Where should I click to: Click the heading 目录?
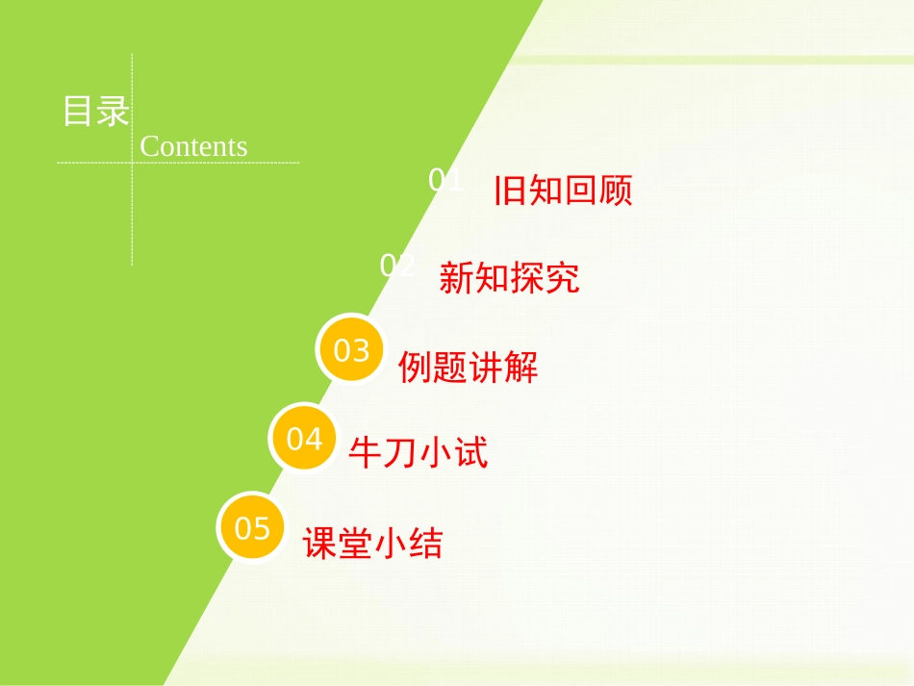95,112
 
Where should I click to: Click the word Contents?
193,146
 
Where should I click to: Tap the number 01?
445,180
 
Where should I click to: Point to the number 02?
397,266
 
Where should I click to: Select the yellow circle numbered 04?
304,439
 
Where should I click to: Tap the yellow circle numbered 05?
253,527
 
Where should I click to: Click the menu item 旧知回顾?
563,191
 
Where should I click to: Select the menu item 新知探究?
509,278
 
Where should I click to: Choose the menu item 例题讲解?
469,367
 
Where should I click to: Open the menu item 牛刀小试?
419,452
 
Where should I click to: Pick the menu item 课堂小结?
373,544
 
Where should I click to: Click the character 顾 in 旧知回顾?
616,191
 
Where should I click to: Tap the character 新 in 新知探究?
456,278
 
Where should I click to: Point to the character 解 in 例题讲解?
521,367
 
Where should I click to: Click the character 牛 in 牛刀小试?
365,452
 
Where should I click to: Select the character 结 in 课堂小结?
426,544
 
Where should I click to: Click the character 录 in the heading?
113,112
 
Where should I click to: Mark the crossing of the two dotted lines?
133,163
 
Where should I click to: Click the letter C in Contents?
149,146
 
